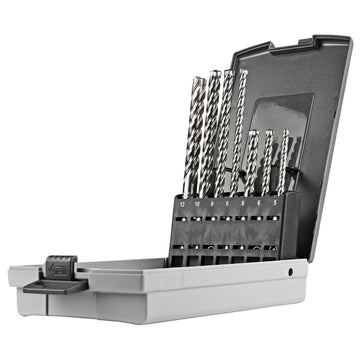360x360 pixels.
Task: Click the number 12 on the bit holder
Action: pyautogui.click(x=183, y=202)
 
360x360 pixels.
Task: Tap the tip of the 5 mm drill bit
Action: pyautogui.click(x=286, y=131)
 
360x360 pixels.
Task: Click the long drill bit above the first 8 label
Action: pyautogui.click(x=222, y=130)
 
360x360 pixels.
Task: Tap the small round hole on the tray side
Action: pyautogui.click(x=290, y=270)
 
